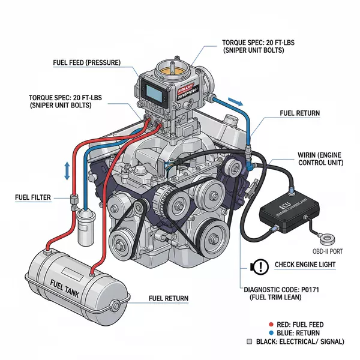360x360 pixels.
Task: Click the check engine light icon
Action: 262,265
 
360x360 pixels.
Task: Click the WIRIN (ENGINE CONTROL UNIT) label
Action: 320,159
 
